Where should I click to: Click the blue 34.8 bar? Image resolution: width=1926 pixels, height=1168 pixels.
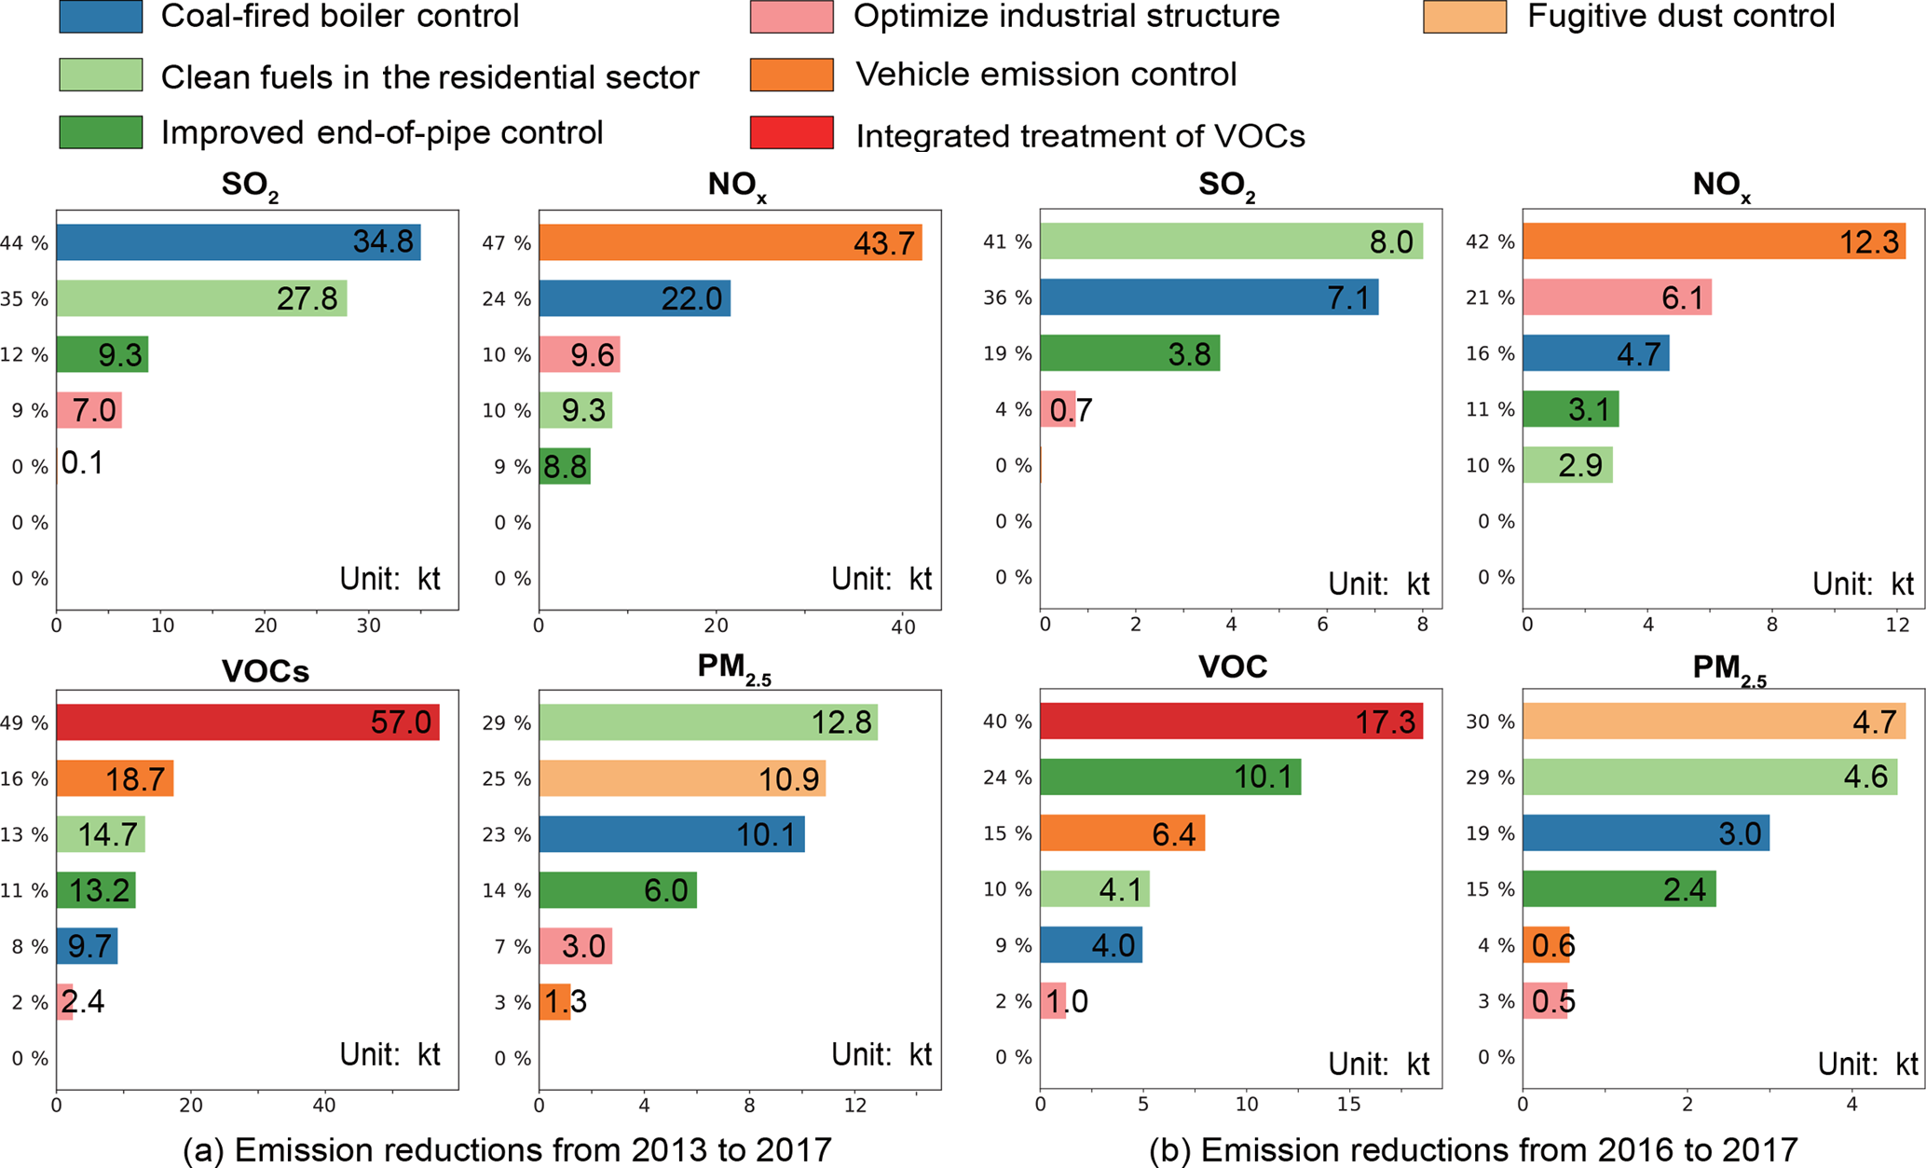point(238,242)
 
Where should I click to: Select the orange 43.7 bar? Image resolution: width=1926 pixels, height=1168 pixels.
point(730,242)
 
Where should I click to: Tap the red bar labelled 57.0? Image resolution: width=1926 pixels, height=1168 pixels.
point(247,722)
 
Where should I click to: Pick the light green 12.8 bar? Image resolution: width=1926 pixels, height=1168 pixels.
point(707,722)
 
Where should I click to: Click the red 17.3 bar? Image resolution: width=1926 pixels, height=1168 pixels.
point(1231,721)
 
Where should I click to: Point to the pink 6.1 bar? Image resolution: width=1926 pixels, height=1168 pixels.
point(1617,297)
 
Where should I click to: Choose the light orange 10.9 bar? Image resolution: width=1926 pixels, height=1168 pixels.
point(681,778)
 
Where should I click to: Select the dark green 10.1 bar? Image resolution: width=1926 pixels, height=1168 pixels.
point(1169,777)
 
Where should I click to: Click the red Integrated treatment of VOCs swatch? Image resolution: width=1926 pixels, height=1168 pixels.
point(791,133)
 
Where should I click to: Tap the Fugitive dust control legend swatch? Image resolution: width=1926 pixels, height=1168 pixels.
point(1464,17)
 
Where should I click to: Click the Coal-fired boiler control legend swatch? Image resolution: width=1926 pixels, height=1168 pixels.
point(101,17)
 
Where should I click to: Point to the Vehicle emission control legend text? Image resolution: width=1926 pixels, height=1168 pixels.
point(1045,75)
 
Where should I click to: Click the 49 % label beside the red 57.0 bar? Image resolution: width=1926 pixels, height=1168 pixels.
point(24,722)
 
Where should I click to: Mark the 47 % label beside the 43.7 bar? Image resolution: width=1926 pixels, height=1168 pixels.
point(507,243)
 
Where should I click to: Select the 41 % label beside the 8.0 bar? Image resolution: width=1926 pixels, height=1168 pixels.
point(1007,242)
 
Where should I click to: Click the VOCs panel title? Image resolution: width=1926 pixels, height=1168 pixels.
point(266,671)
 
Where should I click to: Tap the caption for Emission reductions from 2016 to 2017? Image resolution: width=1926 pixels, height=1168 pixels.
point(1473,1150)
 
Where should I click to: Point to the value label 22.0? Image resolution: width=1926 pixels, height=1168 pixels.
point(691,299)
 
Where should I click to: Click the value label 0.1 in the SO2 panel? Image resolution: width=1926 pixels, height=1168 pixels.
point(82,463)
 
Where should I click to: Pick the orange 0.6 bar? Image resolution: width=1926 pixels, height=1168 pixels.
point(1545,945)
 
